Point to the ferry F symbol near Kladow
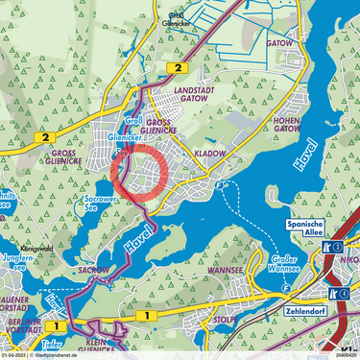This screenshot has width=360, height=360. [221, 183]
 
